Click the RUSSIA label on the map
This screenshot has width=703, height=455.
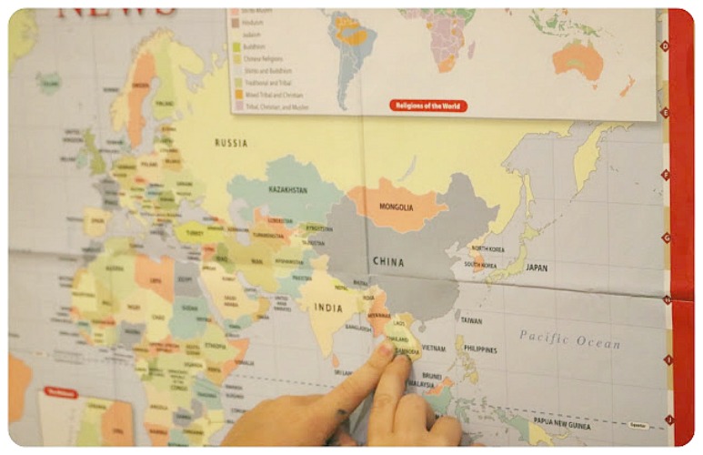pyautogui.click(x=231, y=143)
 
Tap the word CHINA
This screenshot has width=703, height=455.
pyautogui.click(x=388, y=262)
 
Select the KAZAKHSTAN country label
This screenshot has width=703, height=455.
pyautogui.click(x=287, y=190)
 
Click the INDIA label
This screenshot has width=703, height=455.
pyautogui.click(x=328, y=308)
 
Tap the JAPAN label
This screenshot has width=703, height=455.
pyautogui.click(x=537, y=268)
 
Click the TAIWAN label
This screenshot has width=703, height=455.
pyautogui.click(x=471, y=320)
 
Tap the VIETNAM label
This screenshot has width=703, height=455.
pyautogui.click(x=434, y=348)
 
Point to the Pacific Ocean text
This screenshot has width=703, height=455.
pyautogui.click(x=569, y=339)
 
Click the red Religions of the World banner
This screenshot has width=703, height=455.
pyautogui.click(x=428, y=106)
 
